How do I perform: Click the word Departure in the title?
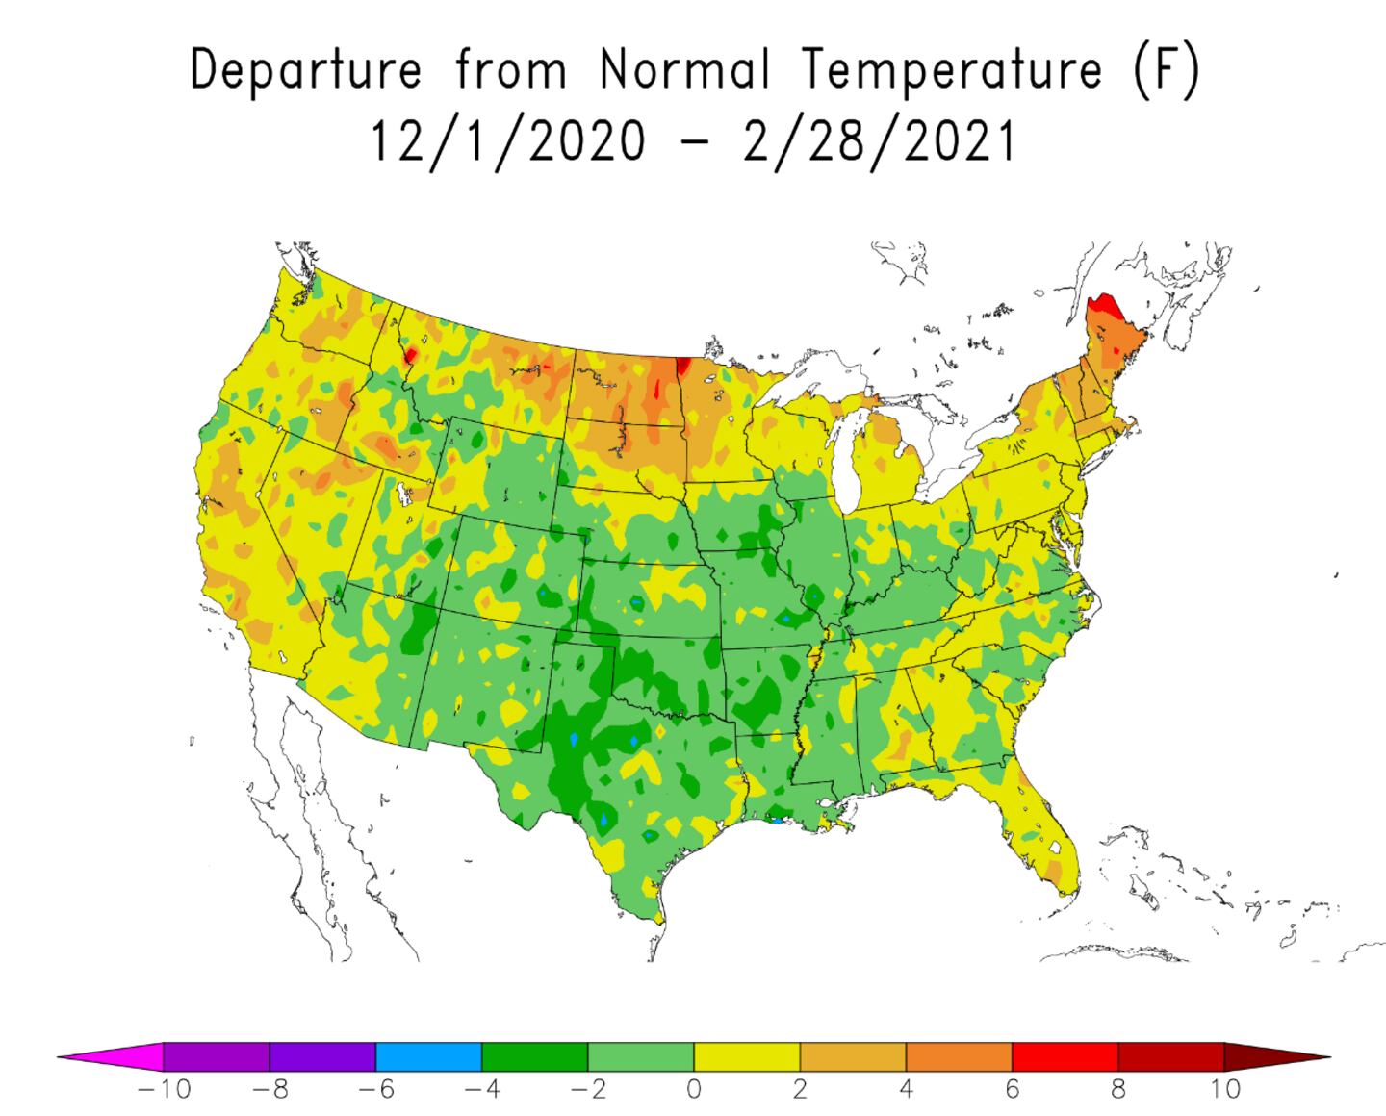tap(306, 70)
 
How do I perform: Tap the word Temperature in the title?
tap(953, 70)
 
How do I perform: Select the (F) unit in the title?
tap(1166, 70)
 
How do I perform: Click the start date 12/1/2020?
tap(508, 141)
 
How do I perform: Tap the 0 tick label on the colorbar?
tap(694, 1090)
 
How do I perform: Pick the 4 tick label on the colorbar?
tap(906, 1090)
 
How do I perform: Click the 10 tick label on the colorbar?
tap(1223, 1090)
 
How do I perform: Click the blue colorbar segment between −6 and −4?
tap(428, 1057)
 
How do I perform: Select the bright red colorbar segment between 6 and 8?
tap(1065, 1057)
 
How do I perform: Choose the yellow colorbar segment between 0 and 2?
tap(747, 1057)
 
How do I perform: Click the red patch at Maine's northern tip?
tap(1101, 310)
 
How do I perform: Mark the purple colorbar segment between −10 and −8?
tap(217, 1057)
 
